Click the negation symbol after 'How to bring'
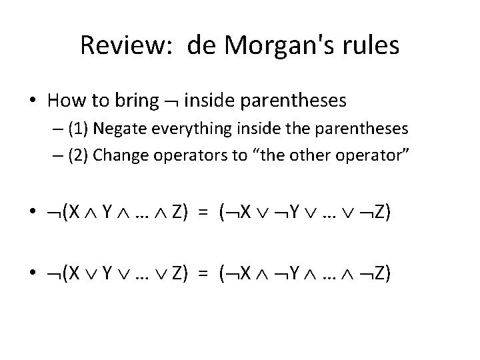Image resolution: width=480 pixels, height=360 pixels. (x=170, y=101)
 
